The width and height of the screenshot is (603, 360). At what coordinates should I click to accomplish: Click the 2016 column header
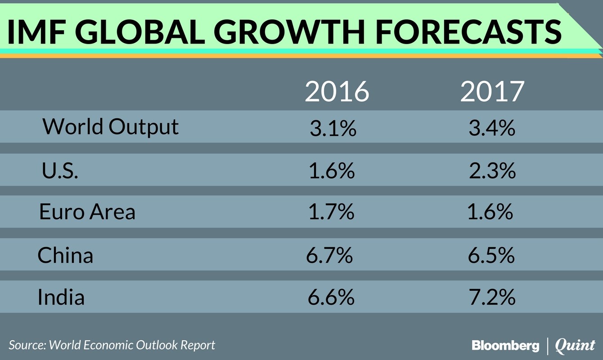[x=337, y=92]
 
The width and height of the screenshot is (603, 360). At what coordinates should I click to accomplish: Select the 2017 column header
[x=492, y=92]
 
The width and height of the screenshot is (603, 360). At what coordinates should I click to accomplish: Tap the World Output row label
[x=111, y=127]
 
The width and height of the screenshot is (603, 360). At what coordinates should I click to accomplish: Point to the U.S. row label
[x=60, y=171]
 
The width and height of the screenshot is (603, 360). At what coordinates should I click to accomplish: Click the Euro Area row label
[x=87, y=211]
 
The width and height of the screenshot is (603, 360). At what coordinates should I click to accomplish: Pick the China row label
[x=65, y=256]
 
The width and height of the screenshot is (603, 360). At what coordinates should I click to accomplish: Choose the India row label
[x=61, y=297]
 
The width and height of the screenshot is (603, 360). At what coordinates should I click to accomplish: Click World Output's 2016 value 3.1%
[x=333, y=129]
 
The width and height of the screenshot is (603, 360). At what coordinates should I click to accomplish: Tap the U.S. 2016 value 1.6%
[x=332, y=171]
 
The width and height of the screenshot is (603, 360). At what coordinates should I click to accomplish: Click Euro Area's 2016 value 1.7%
[x=331, y=212]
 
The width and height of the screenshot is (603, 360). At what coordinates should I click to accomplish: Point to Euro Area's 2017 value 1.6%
[x=490, y=211]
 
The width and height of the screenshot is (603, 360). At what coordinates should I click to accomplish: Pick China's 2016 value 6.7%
[x=329, y=256]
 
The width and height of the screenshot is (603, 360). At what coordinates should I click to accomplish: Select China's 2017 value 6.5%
[x=491, y=256]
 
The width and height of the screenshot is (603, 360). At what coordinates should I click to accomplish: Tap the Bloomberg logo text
[x=505, y=346]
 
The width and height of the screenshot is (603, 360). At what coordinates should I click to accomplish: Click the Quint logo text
[x=575, y=346]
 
